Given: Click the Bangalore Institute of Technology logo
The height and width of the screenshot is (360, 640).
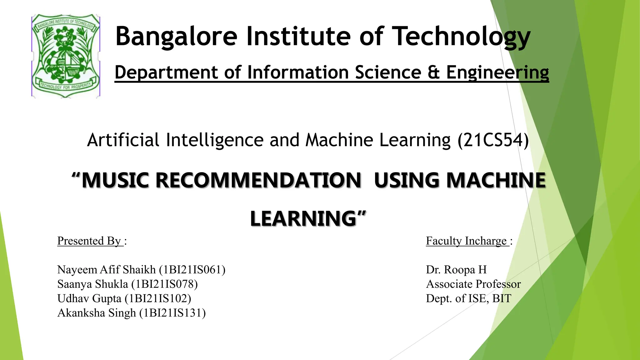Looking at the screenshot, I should click(x=66, y=56).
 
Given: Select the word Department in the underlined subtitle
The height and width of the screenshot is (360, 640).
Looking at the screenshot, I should click(x=166, y=72).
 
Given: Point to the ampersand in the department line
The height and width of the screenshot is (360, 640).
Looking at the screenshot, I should click(x=434, y=72).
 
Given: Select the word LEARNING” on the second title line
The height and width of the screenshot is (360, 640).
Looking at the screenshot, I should click(x=308, y=218).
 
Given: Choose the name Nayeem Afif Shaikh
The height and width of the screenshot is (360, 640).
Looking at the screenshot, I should click(x=107, y=270).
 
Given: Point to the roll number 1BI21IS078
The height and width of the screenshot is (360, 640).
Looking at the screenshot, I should click(x=165, y=284).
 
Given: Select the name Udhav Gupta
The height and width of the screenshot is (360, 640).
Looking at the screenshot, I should click(x=89, y=298).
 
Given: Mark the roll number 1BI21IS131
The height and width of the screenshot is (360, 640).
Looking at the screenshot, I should click(x=172, y=313).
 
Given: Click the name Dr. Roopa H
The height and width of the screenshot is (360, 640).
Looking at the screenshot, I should click(x=456, y=270).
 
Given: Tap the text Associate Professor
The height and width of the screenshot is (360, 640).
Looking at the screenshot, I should click(x=473, y=284).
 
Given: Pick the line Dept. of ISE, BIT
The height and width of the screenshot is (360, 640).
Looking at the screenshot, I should click(x=468, y=298).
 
